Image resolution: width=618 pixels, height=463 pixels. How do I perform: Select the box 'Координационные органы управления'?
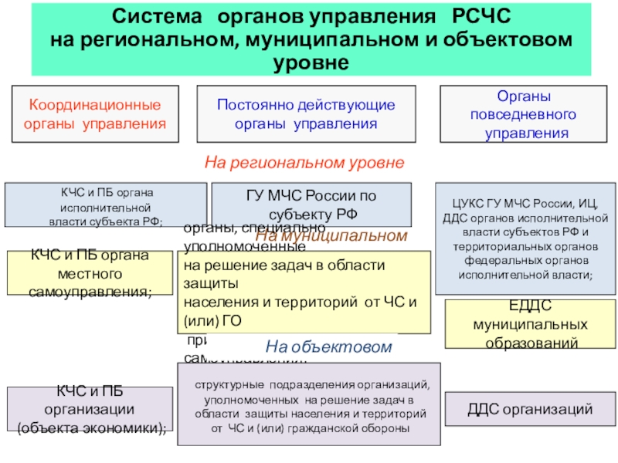coord(95,114)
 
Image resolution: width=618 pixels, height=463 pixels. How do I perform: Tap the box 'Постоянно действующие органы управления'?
coord(306,114)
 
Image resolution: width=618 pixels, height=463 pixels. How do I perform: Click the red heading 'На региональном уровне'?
coord(304,163)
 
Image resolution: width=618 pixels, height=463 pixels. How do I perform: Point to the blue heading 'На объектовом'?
coord(329,347)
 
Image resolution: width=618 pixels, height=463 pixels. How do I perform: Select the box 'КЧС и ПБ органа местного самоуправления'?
coord(90,273)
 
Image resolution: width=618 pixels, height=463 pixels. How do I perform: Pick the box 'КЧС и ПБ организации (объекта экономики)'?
coord(90,409)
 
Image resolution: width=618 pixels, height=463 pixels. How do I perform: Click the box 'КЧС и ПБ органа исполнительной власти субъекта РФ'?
coord(106,204)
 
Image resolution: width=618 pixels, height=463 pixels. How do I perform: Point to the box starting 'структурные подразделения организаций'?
coord(309,405)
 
